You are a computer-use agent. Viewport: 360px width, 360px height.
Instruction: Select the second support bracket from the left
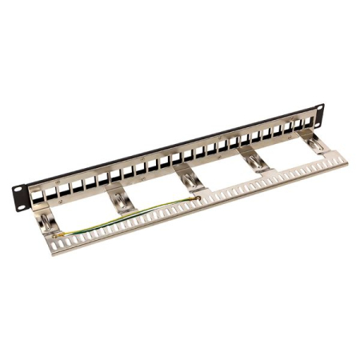point(118,198)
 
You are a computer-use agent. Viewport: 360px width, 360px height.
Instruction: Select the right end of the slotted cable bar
point(342,159)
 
